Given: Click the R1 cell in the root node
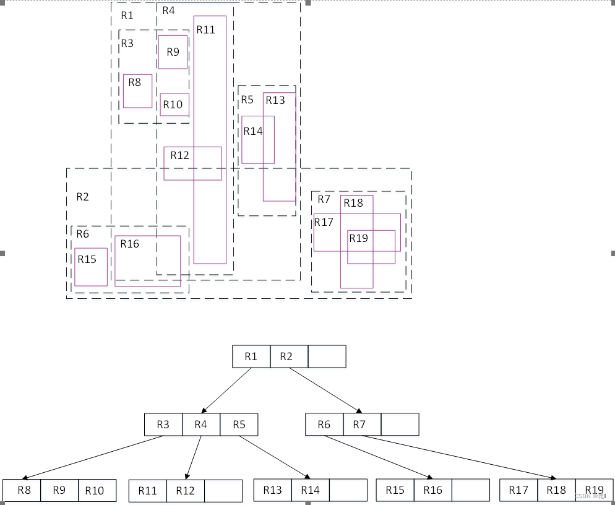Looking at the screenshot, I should coord(251,356).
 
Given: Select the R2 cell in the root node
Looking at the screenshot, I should coord(289,356).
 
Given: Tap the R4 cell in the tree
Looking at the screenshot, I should coord(201,425).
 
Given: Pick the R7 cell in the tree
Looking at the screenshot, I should coord(362,425).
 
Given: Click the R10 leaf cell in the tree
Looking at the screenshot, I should coord(97,490).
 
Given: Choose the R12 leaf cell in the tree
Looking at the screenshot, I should coord(185,491).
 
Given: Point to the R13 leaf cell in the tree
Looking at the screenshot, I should coord(272,490).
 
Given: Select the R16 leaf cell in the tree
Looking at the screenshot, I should coord(433,490).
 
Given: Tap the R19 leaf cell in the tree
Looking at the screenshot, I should coord(594,490).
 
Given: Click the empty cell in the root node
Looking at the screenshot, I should coord(327,356).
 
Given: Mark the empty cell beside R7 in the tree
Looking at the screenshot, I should coord(400,425).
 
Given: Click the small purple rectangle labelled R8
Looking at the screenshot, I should coord(137,92).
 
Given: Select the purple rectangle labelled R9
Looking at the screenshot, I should coord(173,52).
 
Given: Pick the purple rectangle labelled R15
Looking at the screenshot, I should coord(91,267).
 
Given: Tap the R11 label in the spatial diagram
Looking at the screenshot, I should coord(206,30).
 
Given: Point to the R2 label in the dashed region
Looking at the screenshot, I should coord(82,197).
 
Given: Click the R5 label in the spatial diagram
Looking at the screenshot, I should coord(247,100).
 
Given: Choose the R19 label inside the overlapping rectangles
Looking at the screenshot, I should coord(358,238).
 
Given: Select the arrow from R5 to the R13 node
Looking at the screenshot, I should coord(275,457).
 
